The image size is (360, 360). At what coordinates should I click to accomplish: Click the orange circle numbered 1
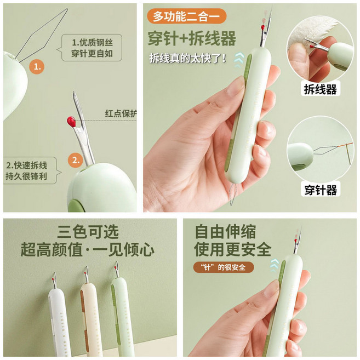[x=37, y=67]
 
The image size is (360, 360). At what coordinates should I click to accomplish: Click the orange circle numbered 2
[x=76, y=160]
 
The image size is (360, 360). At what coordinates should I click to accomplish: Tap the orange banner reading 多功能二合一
[x=186, y=16]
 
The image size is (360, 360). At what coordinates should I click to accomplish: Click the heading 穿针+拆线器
[x=192, y=39]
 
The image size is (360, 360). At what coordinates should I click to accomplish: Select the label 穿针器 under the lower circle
[x=321, y=190]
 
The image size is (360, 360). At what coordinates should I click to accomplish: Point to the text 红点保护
[x=121, y=114]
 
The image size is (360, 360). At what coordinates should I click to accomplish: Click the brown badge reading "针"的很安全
[x=224, y=267]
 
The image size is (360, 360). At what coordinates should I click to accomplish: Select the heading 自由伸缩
[x=225, y=231]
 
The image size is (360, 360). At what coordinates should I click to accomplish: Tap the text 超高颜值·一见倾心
[x=88, y=250]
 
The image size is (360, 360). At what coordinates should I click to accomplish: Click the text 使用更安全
[x=232, y=249]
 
